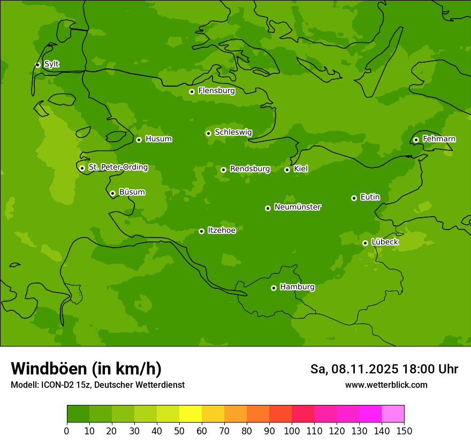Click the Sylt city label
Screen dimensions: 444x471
pos(51,64)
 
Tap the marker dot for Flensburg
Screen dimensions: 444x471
pos(192,91)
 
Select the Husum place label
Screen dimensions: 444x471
pos(158,139)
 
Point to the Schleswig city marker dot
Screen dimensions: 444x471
pos(208,133)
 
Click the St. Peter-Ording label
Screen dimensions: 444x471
pos(118,167)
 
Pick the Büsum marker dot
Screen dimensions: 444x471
pos(112,193)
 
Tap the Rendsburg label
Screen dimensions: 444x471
pos(249,169)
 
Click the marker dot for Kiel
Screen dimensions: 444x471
pos(287,170)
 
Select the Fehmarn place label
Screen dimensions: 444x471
pos(439,139)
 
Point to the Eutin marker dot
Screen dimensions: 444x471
pos(354,198)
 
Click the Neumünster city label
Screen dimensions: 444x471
pos(297,207)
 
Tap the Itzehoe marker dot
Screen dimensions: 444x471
pos(201,231)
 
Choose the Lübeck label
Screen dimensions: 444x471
pos(384,242)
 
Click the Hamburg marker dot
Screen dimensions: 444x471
pos(274,288)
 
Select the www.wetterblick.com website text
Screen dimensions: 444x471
pos(386,385)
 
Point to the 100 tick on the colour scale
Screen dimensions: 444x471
pos(292,431)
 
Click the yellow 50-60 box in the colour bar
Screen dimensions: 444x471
pos(191,414)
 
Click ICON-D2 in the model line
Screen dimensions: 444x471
pos(58,385)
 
